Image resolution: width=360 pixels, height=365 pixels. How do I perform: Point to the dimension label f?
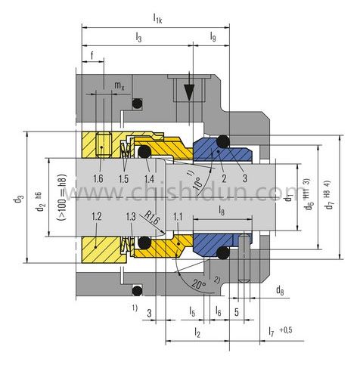click(x=92, y=56)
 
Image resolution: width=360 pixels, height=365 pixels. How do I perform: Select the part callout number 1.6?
click(x=98, y=178)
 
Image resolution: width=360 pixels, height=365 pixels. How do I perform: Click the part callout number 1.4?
click(x=150, y=178)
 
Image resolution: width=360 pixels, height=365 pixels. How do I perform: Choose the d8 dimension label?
click(x=279, y=290)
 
